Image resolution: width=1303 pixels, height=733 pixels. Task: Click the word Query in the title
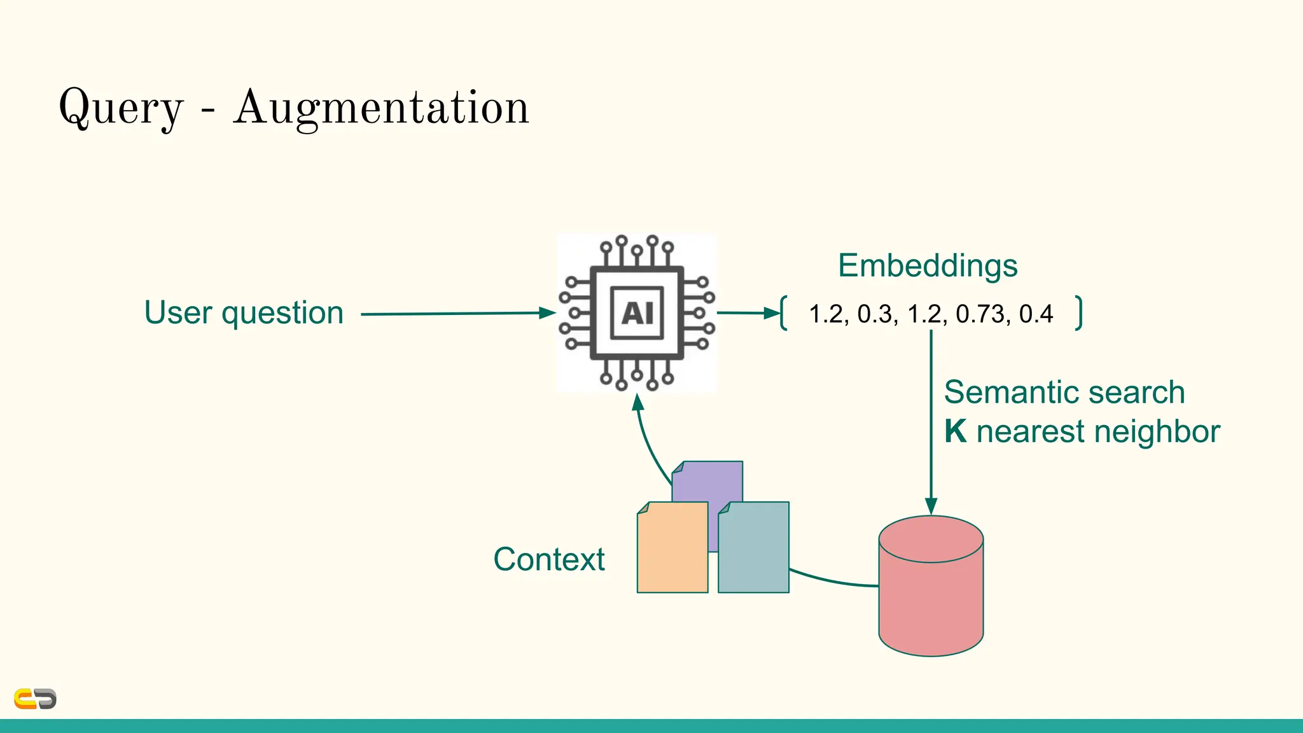121,108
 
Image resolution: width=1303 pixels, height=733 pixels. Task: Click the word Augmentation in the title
381,108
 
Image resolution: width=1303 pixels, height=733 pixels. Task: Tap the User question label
244,312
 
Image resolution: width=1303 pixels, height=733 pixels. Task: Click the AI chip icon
637,313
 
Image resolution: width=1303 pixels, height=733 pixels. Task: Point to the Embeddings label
928,265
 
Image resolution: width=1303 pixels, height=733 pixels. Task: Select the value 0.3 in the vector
876,314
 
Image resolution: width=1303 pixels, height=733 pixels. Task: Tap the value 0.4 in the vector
1036,314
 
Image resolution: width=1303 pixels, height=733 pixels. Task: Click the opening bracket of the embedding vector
784,313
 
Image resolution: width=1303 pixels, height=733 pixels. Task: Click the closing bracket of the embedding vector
1078,313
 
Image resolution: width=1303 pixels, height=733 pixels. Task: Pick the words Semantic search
1064,392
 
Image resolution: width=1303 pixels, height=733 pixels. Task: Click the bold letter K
955,431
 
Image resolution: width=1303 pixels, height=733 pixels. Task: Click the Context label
549,560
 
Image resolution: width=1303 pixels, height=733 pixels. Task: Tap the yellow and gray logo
36,699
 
